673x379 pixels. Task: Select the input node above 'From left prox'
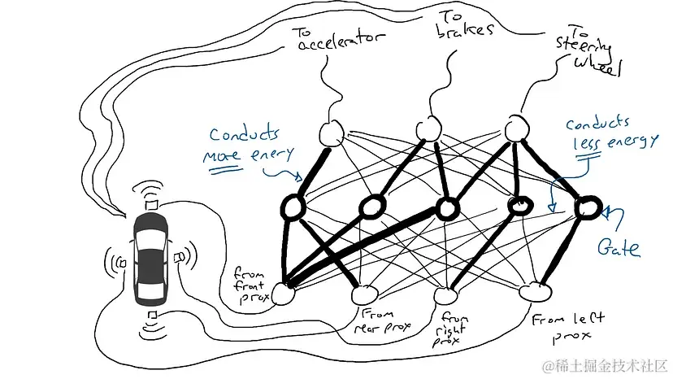536,289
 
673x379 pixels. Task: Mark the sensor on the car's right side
180,258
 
